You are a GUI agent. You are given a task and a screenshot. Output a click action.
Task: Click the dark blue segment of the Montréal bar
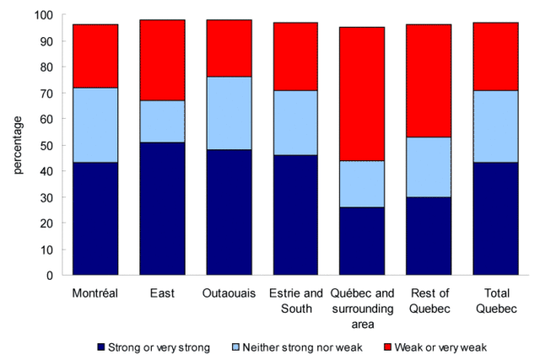pos(94,219)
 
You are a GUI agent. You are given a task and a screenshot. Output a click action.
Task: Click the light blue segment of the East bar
pos(162,121)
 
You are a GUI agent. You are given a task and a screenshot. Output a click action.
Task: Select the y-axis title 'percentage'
pos(16,145)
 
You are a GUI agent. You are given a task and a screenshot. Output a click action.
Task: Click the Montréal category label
pos(94,293)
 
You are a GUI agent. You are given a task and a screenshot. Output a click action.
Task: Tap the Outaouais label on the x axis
pos(229,293)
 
